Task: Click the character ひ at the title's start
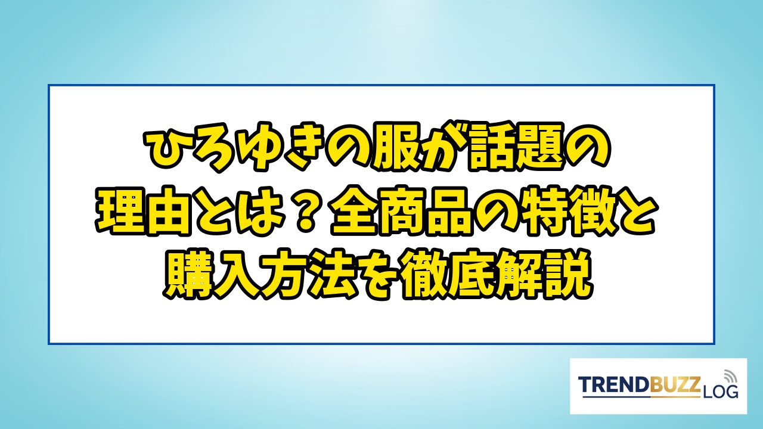(x=170, y=149)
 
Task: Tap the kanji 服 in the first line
(x=395, y=148)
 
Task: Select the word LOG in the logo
(x=719, y=392)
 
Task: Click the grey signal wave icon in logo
(x=730, y=376)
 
